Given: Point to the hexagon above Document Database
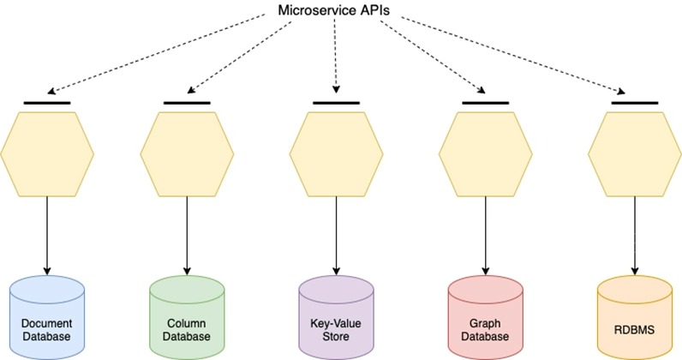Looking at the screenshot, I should tap(46, 154).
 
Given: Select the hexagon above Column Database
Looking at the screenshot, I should tap(186, 154).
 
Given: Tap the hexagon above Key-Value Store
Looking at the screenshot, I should tap(335, 154).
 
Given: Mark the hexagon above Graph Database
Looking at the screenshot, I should tap(485, 154).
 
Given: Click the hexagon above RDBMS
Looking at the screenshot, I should tap(634, 154).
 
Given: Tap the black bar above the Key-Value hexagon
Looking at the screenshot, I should tap(335, 104).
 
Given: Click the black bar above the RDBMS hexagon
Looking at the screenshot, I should tap(634, 104).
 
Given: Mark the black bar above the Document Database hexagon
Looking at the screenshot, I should tap(46, 104).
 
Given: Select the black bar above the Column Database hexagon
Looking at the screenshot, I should tap(186, 104).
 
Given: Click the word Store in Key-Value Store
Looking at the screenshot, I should tap(335, 338).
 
